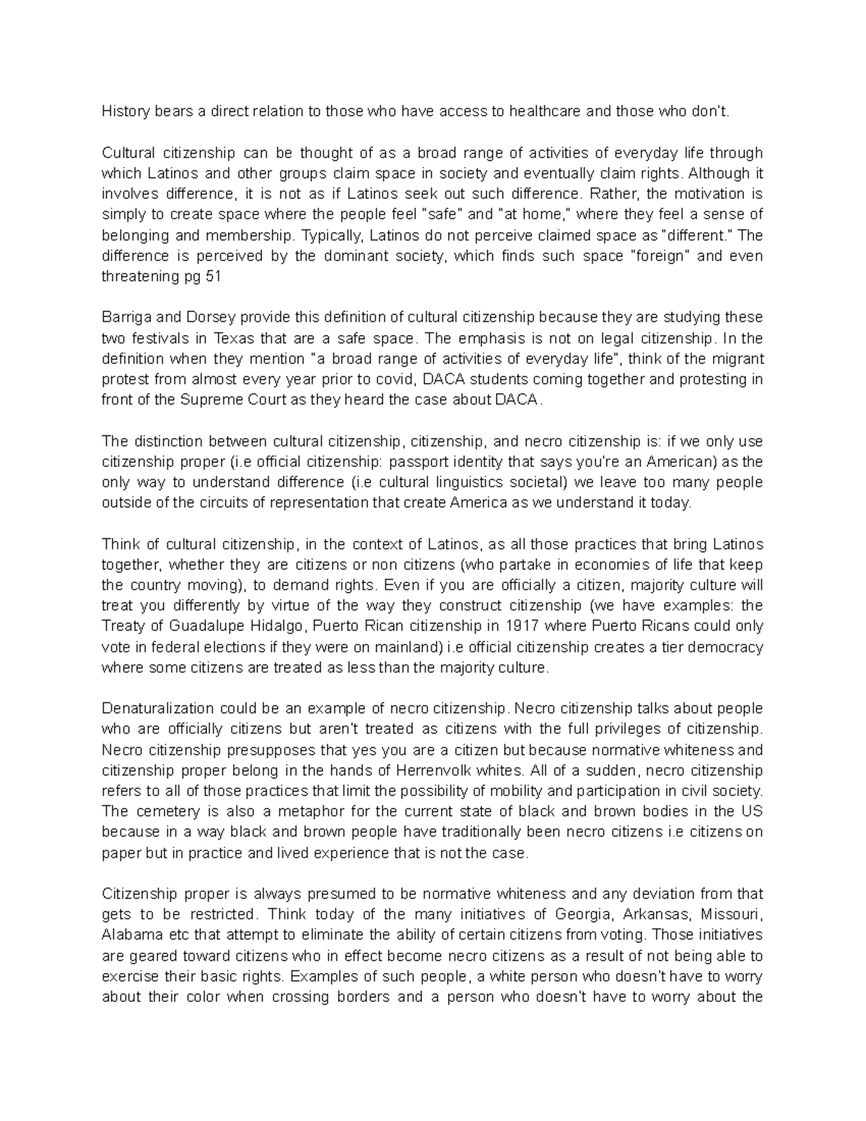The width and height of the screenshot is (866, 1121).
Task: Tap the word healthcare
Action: (545, 111)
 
